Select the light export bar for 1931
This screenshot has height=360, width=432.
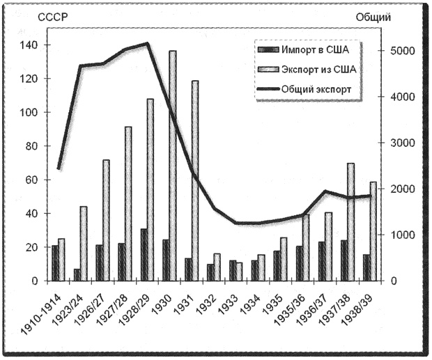pyautogui.click(x=194, y=181)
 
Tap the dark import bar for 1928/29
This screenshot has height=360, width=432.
pyautogui.click(x=144, y=255)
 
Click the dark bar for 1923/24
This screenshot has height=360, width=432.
pyautogui.click(x=77, y=274)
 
